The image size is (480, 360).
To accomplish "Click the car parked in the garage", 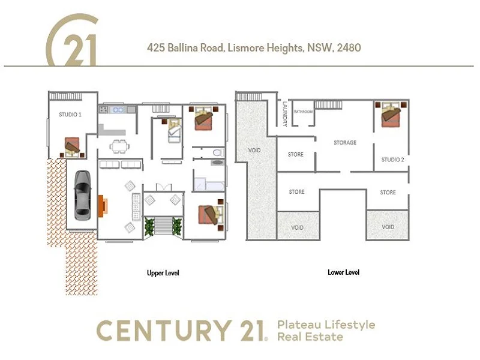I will (x=82, y=196).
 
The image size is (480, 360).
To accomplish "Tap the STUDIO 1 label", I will (x=70, y=114).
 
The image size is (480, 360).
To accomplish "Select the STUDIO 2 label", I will (x=393, y=160).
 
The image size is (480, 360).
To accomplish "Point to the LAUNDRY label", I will (x=285, y=113).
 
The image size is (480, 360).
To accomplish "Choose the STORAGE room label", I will (x=345, y=143).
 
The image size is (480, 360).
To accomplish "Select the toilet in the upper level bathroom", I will (x=217, y=151).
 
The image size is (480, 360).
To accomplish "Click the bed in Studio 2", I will (x=393, y=115).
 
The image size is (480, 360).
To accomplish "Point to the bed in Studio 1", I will (x=73, y=146).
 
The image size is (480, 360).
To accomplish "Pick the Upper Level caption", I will (x=163, y=273).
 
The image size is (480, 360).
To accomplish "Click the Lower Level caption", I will (x=344, y=272).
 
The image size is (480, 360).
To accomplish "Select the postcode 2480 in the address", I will (x=349, y=47).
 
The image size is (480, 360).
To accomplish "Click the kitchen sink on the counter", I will (x=116, y=110).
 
